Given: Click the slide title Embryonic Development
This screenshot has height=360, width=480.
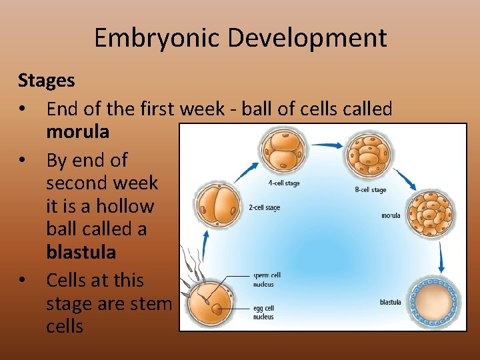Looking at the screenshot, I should pos(240,37).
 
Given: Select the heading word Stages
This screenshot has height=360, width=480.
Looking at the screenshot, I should pos(46,81).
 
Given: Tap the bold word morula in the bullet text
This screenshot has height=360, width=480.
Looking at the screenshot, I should pos(77,132).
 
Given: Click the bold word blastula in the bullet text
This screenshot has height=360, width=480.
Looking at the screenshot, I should pos(81,252).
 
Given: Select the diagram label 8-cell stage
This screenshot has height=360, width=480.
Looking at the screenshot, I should pos(370,190).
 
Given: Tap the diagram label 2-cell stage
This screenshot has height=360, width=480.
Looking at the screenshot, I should pos(264,208).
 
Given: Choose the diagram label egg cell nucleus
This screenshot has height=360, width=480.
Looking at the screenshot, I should pos(263,313).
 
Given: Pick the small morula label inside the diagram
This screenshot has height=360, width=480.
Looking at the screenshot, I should pos(391,215).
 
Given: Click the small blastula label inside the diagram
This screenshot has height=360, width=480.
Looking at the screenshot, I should pos(390,302).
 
